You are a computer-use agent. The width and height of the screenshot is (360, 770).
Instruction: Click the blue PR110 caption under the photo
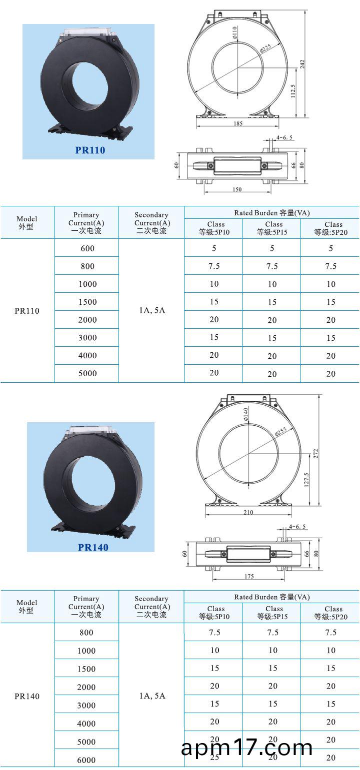click(x=90, y=150)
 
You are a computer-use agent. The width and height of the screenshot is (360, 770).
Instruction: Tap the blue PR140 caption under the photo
click(x=93, y=547)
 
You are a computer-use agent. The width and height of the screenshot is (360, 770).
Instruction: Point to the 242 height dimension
click(x=302, y=64)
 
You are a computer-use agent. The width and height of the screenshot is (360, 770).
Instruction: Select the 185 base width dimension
click(x=238, y=123)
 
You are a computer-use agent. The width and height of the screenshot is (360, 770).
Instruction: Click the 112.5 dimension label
click(x=293, y=92)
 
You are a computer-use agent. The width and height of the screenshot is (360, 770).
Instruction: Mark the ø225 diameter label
click(x=265, y=48)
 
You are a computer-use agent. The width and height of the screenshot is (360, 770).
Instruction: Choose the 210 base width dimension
click(x=248, y=512)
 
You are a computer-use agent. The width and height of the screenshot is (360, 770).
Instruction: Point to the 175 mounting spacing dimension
click(x=249, y=577)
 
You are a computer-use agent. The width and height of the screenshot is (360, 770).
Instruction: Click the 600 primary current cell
click(x=87, y=248)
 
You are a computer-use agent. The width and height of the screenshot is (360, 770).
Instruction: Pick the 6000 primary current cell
click(x=86, y=760)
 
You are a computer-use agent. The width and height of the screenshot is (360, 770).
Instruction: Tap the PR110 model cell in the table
click(x=27, y=311)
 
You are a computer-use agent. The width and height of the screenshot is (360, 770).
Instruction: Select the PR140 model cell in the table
click(x=27, y=696)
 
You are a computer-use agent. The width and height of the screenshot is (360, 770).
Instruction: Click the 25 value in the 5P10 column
click(x=214, y=758)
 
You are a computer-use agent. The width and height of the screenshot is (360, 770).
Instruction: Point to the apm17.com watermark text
click(x=246, y=748)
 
